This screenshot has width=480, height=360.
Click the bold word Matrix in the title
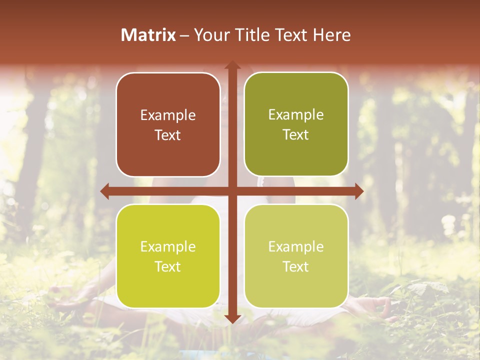click(148, 35)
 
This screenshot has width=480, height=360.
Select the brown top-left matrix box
click(168, 124)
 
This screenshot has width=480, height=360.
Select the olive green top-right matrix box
click(296, 124)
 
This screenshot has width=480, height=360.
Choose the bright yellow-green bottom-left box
click(168, 256)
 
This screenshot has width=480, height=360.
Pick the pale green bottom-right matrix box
click(296, 256)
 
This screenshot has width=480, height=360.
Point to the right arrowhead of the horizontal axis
click(358, 191)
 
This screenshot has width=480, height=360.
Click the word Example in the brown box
click(168, 115)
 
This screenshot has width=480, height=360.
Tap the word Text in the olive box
click(296, 135)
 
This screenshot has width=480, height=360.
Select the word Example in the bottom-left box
click(168, 247)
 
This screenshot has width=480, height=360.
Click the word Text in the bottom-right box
click(296, 266)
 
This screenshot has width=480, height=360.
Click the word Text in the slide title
click(291, 35)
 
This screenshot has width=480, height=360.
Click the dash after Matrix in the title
click(184, 35)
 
